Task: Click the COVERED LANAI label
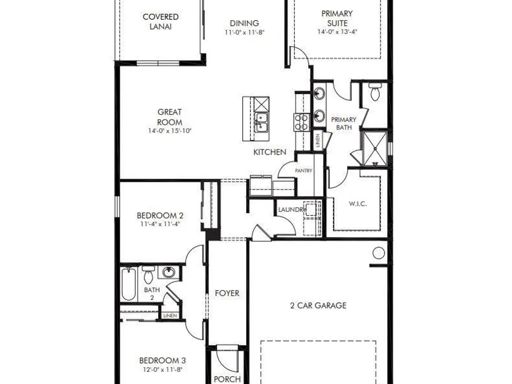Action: (161, 22)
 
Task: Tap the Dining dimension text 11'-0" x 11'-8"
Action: (244, 32)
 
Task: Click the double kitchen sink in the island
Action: (262, 122)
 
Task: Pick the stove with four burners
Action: (302, 122)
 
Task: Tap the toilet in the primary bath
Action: (375, 92)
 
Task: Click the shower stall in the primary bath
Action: (375, 148)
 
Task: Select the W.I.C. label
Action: (357, 204)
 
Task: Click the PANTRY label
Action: (304, 170)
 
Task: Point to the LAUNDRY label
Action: (292, 209)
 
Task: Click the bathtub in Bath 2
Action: (129, 284)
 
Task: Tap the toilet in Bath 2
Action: (148, 275)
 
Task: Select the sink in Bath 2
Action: (168, 272)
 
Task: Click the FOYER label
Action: (227, 293)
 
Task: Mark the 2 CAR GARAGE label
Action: (318, 305)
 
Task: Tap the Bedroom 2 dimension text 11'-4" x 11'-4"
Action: (160, 224)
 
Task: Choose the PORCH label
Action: (227, 379)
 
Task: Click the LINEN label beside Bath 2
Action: (170, 316)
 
